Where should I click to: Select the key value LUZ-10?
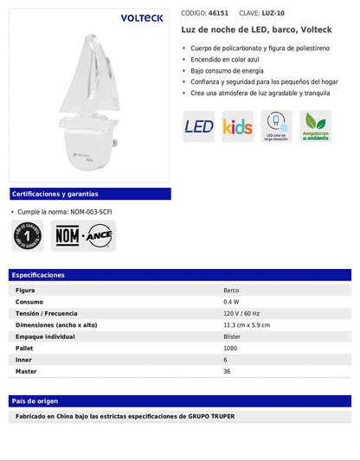[274, 14]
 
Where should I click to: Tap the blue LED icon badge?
[199, 127]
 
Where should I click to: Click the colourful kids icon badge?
[238, 127]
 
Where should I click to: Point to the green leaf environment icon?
[316, 126]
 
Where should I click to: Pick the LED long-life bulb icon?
[277, 126]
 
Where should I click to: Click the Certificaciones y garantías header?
[55, 195]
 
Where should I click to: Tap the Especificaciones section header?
[39, 275]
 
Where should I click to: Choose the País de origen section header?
[35, 401]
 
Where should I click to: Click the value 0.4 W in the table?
[231, 302]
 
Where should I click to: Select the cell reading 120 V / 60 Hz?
[242, 313]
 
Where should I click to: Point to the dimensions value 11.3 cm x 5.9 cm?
[247, 325]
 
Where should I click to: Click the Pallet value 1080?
[231, 348]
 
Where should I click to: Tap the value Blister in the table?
[232, 336]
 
